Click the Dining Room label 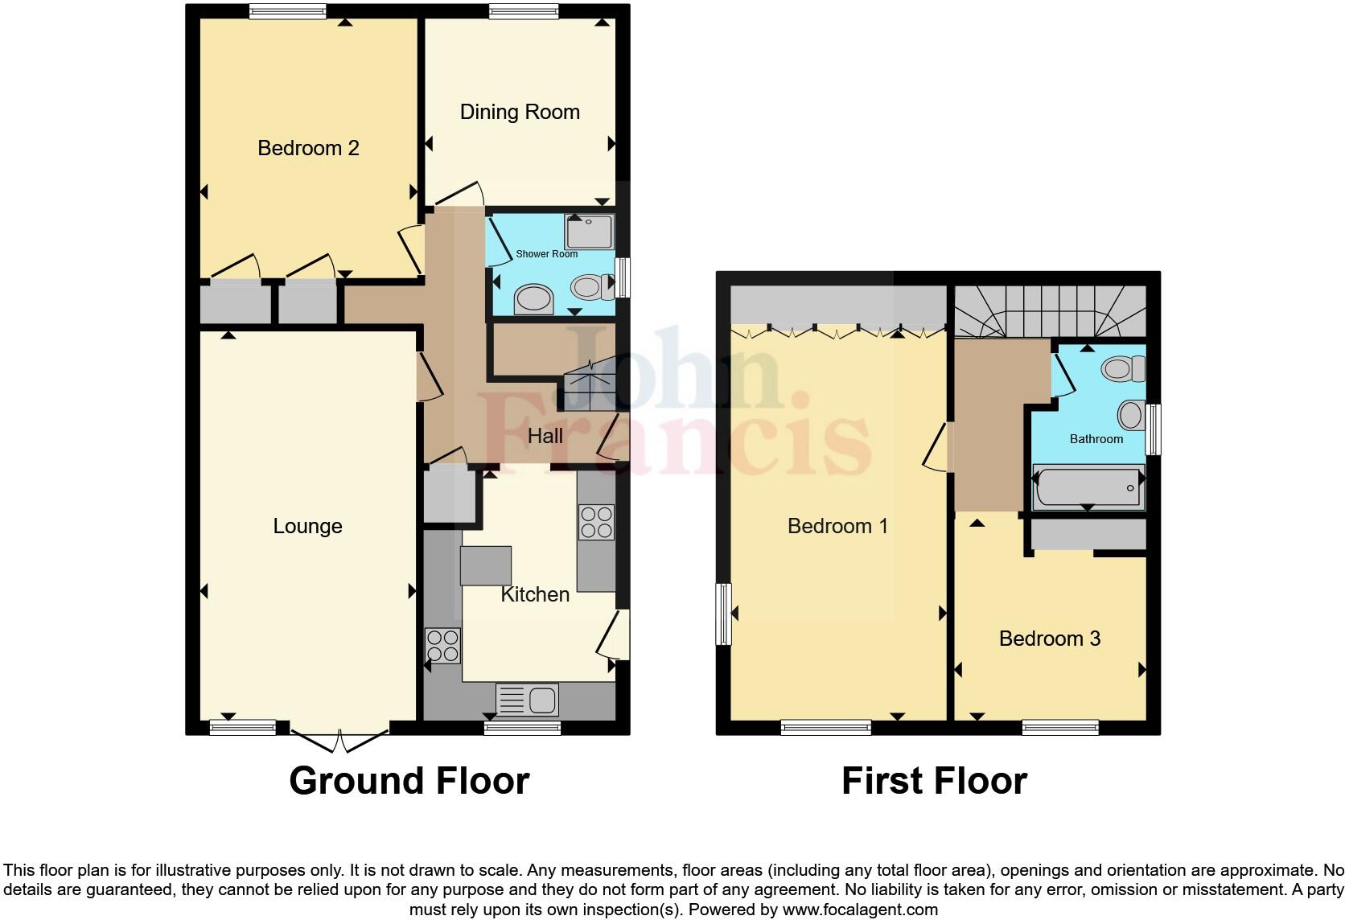(520, 112)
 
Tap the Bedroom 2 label (308, 148)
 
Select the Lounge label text (307, 526)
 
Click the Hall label (545, 436)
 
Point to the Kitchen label (535, 594)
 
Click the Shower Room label (546, 254)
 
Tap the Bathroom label (1096, 439)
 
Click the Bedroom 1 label (837, 526)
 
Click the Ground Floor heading (409, 781)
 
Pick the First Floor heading (934, 781)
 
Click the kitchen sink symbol (527, 700)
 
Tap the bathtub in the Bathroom (1088, 487)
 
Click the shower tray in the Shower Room (590, 232)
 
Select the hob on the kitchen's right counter (596, 521)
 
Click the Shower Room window (622, 277)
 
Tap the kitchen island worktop (485, 565)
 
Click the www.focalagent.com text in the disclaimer (859, 910)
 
